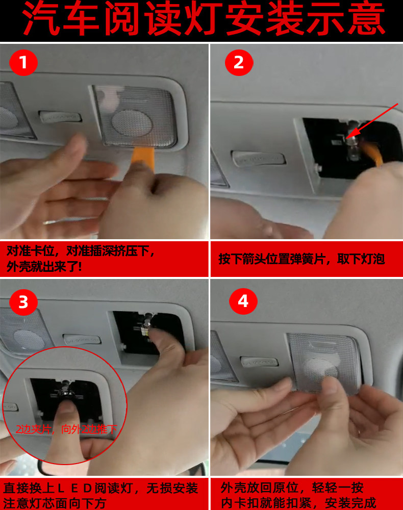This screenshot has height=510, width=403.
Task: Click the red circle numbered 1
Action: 23,62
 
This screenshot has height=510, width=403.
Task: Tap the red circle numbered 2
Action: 239,62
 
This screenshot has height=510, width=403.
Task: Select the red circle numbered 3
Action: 23,302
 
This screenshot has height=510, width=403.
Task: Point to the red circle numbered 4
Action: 243,301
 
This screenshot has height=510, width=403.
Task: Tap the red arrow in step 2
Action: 372,122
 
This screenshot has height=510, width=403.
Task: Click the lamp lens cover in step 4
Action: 324,362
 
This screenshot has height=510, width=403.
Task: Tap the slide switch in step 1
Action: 60,116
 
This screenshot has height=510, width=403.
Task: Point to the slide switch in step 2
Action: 258,159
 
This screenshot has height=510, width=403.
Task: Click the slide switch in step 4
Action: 259,362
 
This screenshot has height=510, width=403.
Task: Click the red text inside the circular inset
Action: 66,429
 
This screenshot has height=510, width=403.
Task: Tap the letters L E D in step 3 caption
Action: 75,489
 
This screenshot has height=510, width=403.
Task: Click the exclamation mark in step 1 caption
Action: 80,267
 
